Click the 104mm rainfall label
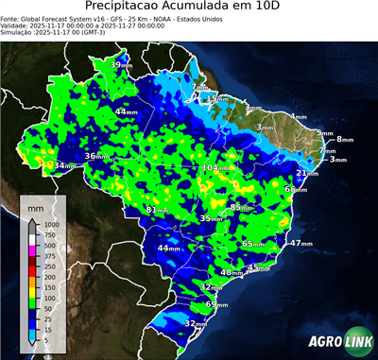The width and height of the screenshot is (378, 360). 215,167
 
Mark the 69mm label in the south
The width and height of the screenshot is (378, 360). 216,304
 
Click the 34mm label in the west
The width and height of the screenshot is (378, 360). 64,166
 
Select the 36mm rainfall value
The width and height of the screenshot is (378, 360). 95,156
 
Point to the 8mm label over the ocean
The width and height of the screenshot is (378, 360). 344,139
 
